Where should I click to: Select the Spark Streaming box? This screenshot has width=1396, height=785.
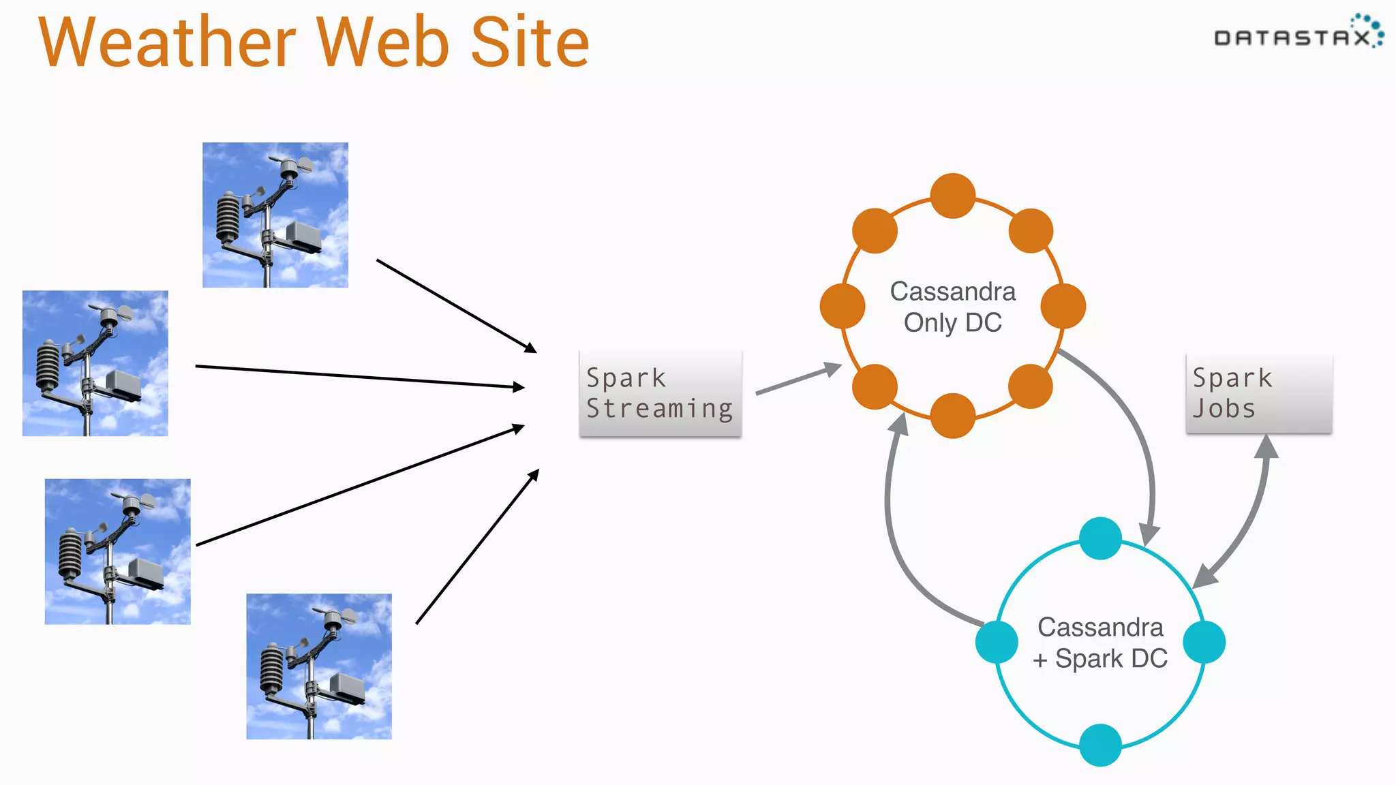(660, 393)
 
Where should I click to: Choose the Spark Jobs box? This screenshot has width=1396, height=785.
(1258, 393)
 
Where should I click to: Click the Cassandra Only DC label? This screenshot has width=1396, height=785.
(952, 307)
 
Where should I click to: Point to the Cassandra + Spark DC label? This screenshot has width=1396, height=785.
(1100, 642)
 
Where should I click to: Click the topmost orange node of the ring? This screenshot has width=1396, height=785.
(952, 196)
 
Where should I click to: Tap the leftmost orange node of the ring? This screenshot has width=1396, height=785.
(843, 306)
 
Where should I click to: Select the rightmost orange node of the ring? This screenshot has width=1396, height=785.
(1063, 306)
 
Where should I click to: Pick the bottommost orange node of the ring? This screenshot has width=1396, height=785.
(952, 416)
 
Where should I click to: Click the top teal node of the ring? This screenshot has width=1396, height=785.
(1100, 538)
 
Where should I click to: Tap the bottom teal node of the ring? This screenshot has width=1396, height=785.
(1100, 745)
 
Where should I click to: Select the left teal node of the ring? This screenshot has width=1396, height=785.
(997, 641)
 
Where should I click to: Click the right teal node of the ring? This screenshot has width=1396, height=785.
(1204, 641)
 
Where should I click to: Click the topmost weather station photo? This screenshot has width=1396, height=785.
(275, 215)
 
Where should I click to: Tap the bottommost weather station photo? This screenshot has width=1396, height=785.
(319, 666)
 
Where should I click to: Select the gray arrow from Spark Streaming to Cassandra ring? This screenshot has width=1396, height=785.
(798, 380)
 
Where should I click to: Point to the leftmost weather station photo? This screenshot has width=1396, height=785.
(95, 363)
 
